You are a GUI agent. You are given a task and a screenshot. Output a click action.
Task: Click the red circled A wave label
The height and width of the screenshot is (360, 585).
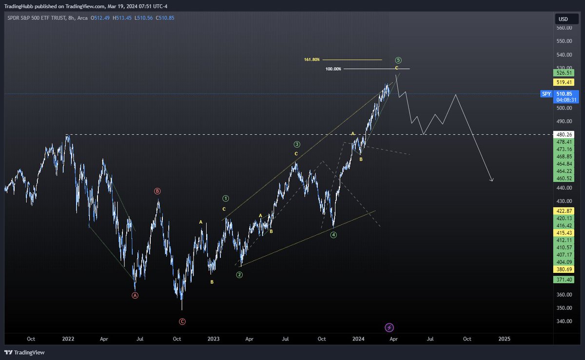(x=135, y=295)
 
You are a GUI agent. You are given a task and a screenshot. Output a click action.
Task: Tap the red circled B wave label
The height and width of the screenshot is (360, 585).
(x=157, y=191)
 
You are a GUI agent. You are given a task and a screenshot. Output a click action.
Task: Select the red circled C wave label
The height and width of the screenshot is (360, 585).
(x=182, y=322)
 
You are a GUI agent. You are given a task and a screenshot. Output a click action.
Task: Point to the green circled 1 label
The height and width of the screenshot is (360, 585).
(x=226, y=198)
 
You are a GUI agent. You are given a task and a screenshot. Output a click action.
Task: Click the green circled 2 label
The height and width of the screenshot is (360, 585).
(x=239, y=275)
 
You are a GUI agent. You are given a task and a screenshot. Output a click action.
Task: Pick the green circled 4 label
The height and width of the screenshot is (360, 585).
(x=333, y=235)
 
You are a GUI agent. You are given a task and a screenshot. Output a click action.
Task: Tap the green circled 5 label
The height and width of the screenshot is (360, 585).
(x=399, y=60)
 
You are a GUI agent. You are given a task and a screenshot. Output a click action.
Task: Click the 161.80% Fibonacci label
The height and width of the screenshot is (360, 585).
(x=312, y=59)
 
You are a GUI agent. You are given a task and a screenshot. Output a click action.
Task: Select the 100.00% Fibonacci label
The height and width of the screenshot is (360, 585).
(x=333, y=69)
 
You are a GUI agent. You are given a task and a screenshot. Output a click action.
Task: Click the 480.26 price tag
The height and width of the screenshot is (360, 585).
(x=565, y=134)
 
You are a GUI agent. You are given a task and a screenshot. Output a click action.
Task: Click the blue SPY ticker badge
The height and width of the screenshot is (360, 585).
(x=546, y=94)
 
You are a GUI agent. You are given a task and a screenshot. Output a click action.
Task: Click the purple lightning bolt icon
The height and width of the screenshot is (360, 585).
(x=390, y=327)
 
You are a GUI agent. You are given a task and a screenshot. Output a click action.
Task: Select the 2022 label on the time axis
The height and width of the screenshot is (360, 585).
(x=68, y=339)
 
